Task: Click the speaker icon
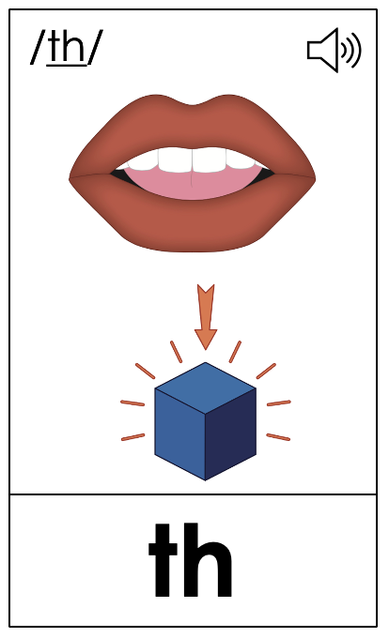point(334,50)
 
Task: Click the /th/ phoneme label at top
point(67,47)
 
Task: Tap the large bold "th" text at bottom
point(191,561)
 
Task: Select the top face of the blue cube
point(205,387)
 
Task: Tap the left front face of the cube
point(179,434)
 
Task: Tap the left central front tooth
point(175,159)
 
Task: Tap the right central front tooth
point(209,159)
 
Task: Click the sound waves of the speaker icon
point(351,51)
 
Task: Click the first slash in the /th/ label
point(37,47)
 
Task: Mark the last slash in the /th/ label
point(96,47)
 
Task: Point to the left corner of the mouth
point(70,178)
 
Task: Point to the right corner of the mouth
point(316,178)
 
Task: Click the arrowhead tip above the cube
point(206,349)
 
